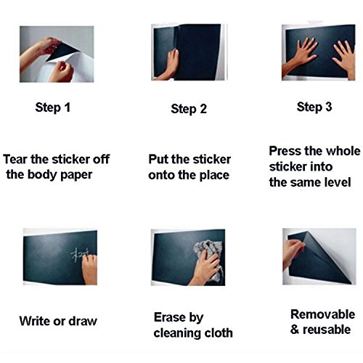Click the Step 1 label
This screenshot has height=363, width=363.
coord(53,107)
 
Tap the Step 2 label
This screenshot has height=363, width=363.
coord(189,109)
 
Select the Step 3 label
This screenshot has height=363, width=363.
coord(314,107)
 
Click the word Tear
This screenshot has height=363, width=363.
coord(15,159)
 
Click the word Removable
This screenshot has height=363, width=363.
coord(323,314)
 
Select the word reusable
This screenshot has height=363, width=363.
coord(327,330)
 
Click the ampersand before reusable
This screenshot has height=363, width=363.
coord(295,330)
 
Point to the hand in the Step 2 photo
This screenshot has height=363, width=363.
coord(169,65)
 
